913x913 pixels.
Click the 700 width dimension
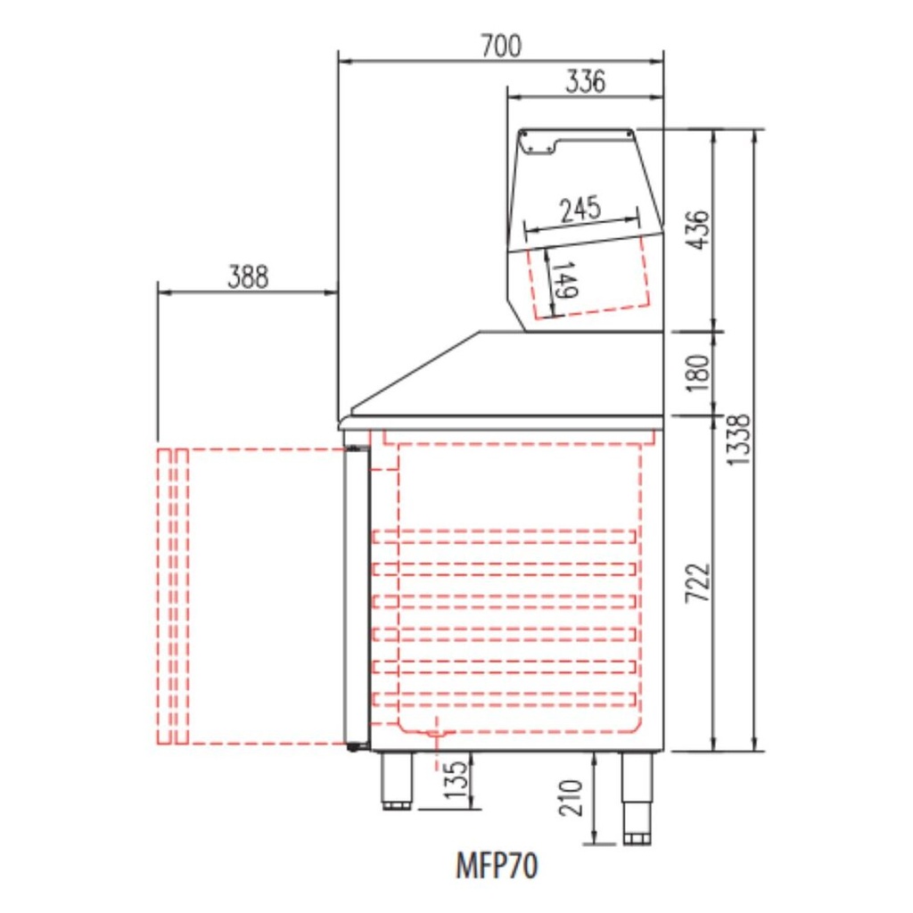501,46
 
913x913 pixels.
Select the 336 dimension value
585,81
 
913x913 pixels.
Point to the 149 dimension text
564,280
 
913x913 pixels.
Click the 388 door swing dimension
248,277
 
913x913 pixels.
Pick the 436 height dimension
699,230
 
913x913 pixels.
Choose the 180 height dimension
699,374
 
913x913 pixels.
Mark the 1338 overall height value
738,440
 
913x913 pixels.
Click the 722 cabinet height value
699,583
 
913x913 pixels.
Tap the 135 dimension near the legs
456,779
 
